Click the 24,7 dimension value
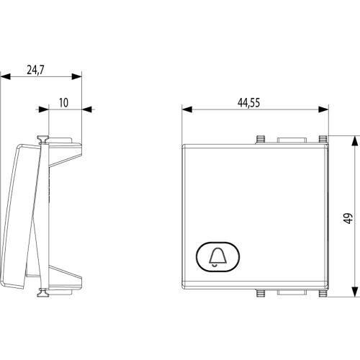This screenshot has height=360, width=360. (x=35, y=70)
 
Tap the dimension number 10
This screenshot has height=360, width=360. (x=63, y=103)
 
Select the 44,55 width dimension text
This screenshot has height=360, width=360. (x=248, y=103)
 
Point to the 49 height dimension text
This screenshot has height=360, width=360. (x=348, y=218)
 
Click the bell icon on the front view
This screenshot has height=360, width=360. (x=218, y=257)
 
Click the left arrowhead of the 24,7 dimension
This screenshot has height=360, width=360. (x=6, y=77)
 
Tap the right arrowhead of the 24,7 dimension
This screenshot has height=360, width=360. (x=76, y=77)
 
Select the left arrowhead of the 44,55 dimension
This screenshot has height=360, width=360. (x=187, y=109)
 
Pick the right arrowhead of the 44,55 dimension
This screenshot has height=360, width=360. (x=323, y=109)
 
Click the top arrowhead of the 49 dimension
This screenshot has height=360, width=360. (x=355, y=140)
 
